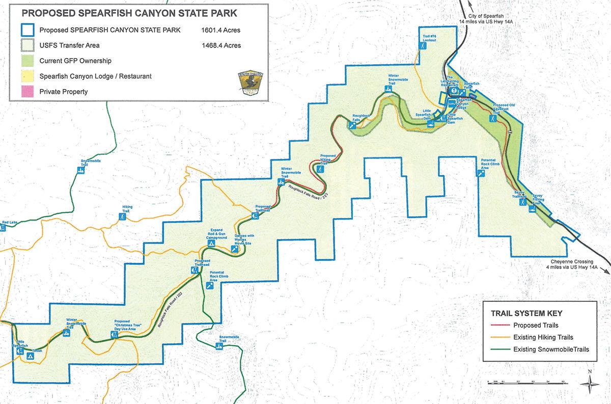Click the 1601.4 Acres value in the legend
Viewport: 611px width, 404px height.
[220, 30]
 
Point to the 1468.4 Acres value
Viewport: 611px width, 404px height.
[220, 45]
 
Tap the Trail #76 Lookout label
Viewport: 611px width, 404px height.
[422, 37]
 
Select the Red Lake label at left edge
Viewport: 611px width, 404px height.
[9, 223]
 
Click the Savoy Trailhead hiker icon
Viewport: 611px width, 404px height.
[522, 202]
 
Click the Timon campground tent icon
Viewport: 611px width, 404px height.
[30, 357]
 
